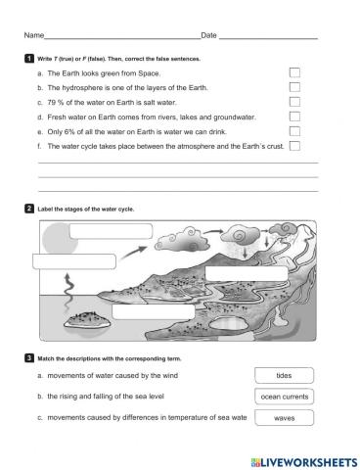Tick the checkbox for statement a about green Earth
point(294,72)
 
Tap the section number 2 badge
point(29,209)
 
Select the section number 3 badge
point(29,359)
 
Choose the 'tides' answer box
point(284,375)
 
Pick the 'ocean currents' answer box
point(284,397)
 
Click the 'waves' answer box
point(284,418)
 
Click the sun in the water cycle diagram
point(56,236)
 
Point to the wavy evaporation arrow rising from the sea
point(68,290)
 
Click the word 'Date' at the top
point(208,36)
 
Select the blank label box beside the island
point(147,311)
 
